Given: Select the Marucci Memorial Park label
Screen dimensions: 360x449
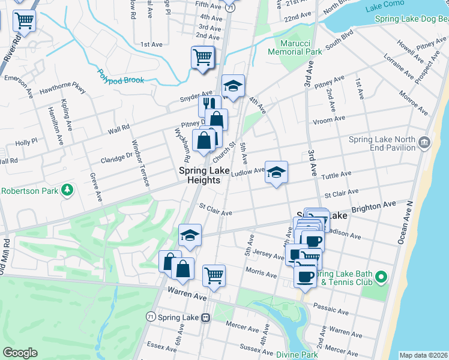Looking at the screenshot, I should (301, 47).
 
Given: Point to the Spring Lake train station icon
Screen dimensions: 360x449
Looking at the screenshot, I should (206, 317).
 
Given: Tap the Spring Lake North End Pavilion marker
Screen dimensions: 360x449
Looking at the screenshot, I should (425, 143).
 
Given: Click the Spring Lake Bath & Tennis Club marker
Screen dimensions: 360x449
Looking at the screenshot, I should (380, 277).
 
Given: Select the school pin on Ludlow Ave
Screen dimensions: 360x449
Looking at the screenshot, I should (276, 172).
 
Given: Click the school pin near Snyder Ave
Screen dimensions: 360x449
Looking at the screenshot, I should (233, 86).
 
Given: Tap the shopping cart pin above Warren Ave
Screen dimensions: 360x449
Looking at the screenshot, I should (214, 275).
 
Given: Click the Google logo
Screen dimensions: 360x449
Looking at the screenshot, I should (20, 353).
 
